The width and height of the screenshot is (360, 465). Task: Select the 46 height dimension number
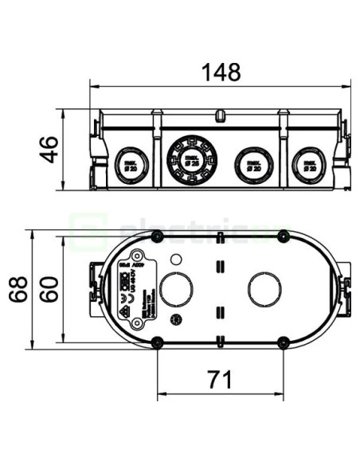tap(49, 150)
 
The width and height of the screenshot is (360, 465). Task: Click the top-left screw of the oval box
tap(157, 236)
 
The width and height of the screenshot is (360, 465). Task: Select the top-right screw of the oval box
tap(283, 236)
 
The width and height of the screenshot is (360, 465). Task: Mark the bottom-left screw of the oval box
tap(157, 342)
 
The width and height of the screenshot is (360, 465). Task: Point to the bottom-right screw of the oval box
tap(283, 342)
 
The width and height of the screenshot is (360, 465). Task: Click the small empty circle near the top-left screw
tap(176, 259)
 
